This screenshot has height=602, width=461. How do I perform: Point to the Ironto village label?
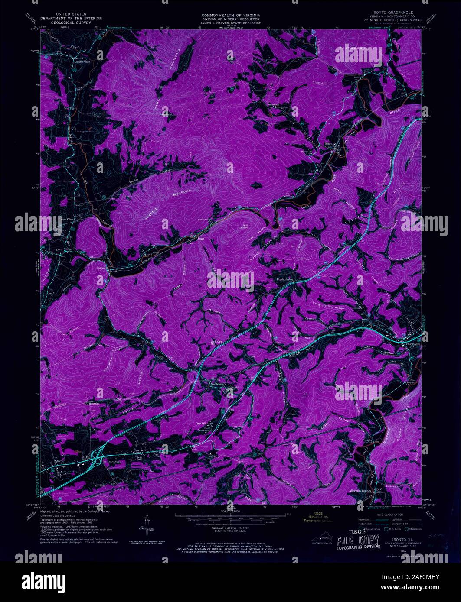pos(327,143)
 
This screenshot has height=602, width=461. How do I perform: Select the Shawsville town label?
pos(408,339)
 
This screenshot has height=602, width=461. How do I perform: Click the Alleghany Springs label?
pos(360,491)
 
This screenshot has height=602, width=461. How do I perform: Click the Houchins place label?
pos(95,404)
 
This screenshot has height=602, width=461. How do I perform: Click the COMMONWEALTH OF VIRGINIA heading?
pos(230,15)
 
